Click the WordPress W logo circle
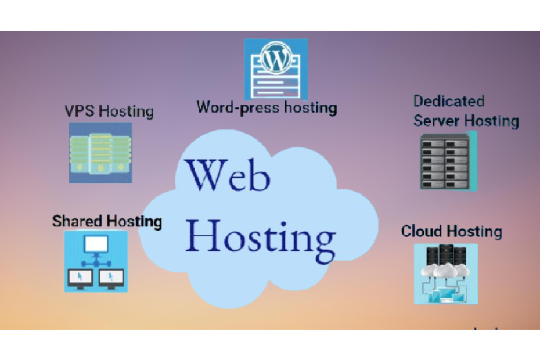coord(275,58)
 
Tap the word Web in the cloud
coord(228,177)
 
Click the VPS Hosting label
coord(109,111)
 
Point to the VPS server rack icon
coord(100,153)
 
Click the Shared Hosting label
coord(107,221)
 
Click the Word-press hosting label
coord(267,107)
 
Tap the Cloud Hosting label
coord(451,231)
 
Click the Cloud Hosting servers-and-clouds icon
coord(445,273)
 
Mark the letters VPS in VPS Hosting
coord(79,111)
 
